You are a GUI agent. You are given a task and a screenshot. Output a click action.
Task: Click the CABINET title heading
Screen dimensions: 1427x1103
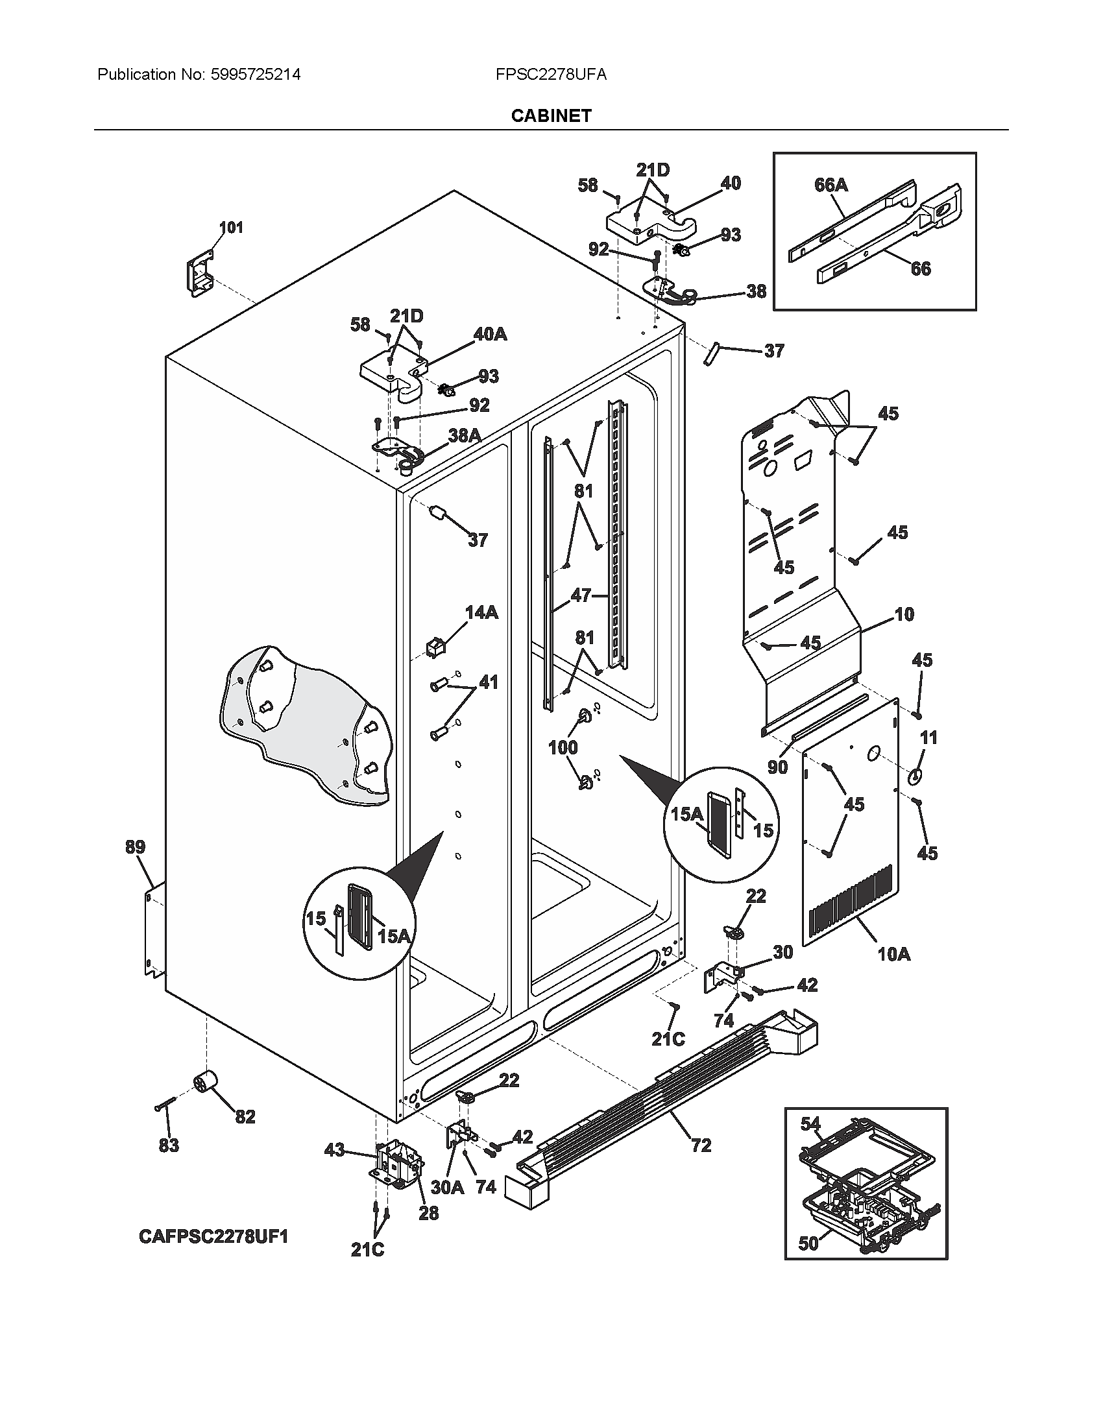(551, 116)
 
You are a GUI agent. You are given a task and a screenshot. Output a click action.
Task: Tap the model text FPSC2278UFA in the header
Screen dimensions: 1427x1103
(550, 75)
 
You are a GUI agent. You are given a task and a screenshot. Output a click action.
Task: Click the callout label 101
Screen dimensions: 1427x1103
(231, 228)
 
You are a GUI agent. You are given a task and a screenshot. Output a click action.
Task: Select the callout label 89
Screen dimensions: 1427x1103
(134, 848)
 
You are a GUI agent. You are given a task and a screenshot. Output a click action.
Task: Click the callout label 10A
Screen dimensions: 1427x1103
(893, 954)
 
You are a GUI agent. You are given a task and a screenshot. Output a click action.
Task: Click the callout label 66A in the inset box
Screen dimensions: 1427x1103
(830, 186)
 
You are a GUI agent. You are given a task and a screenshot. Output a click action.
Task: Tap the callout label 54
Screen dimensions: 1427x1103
(810, 1124)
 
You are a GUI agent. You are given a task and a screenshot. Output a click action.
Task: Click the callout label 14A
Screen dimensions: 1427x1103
(481, 612)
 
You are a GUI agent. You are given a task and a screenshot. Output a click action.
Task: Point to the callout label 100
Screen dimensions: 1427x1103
(563, 747)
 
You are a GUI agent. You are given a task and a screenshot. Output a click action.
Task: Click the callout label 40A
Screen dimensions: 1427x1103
(490, 334)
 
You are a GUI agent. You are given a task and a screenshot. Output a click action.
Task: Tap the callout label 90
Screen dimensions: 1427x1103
(777, 767)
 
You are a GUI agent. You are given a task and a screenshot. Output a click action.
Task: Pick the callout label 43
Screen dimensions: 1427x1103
(334, 1150)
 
